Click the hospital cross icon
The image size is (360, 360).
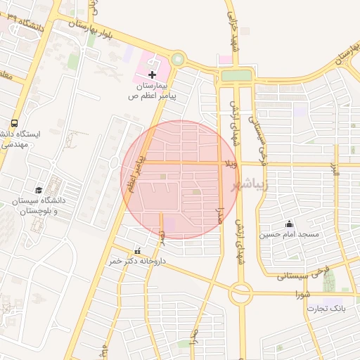[152, 75]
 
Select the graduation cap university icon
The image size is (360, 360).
[39, 190]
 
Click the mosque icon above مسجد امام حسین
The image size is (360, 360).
[289, 224]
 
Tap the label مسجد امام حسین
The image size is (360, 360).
[289, 233]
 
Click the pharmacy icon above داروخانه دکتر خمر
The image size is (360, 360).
[137, 251]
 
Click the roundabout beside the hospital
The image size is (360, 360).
[177, 60]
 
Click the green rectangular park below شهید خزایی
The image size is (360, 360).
[236, 75]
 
